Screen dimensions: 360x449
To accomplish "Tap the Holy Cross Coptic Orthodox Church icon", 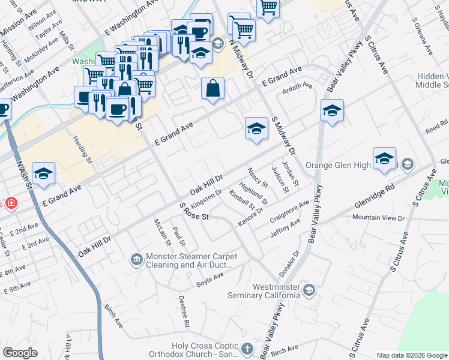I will (247, 349).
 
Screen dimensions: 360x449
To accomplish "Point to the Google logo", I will (20, 352).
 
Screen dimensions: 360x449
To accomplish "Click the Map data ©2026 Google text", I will (412, 355).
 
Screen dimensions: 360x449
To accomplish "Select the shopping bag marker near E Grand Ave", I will (212, 88).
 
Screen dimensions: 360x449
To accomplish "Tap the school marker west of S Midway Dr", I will (256, 128).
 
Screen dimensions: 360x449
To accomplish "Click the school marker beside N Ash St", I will (44, 173).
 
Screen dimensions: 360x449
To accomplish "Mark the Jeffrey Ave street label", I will (286, 228).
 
